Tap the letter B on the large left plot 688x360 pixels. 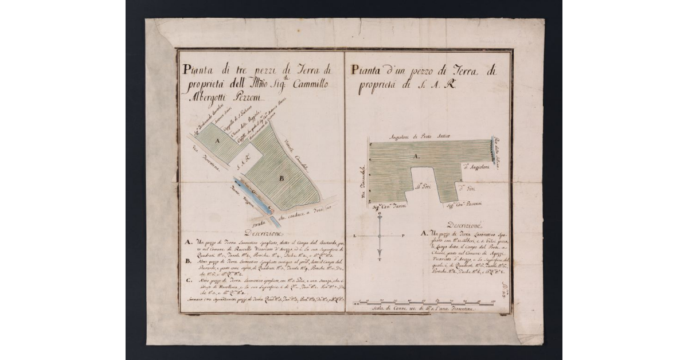(x=282, y=178)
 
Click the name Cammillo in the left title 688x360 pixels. (x=306, y=84)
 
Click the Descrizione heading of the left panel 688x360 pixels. (x=263, y=233)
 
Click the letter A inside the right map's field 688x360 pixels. (x=417, y=155)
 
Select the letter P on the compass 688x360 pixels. (x=403, y=236)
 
